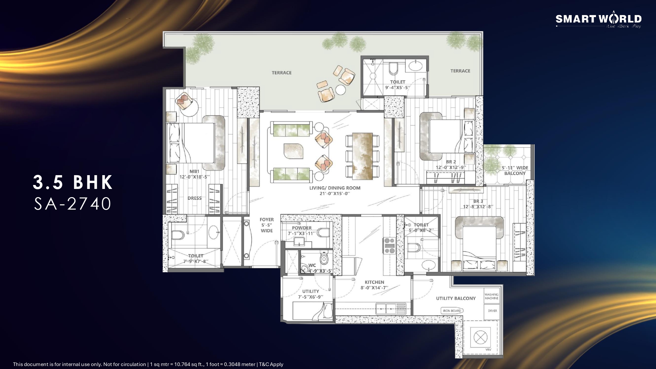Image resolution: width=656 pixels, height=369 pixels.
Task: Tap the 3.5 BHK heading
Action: tap(73, 182)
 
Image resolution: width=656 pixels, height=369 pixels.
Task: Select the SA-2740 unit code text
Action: tap(73, 204)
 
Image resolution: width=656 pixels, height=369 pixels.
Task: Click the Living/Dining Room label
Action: tap(335, 191)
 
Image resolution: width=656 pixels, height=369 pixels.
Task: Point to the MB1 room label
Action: tap(195, 174)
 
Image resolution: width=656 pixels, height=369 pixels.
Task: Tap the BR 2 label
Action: tap(451, 165)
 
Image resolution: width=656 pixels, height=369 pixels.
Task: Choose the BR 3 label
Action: tap(478, 204)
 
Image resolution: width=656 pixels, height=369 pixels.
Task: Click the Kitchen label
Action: tap(374, 285)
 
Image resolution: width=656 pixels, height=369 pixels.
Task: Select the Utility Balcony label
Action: tap(456, 298)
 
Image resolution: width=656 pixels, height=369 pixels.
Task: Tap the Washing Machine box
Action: tap(491, 297)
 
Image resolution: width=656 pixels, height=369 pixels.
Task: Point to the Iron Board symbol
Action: tap(452, 311)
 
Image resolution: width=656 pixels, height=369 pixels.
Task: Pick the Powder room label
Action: tap(302, 231)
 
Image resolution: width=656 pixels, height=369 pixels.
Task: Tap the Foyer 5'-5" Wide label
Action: tap(267, 225)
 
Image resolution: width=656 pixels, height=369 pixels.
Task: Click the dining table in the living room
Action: tap(362, 156)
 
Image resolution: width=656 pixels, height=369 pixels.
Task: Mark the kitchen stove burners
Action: tap(390, 245)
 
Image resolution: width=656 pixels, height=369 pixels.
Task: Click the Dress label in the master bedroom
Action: tap(195, 198)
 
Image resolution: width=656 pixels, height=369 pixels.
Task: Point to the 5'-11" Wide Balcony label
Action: tap(515, 171)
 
